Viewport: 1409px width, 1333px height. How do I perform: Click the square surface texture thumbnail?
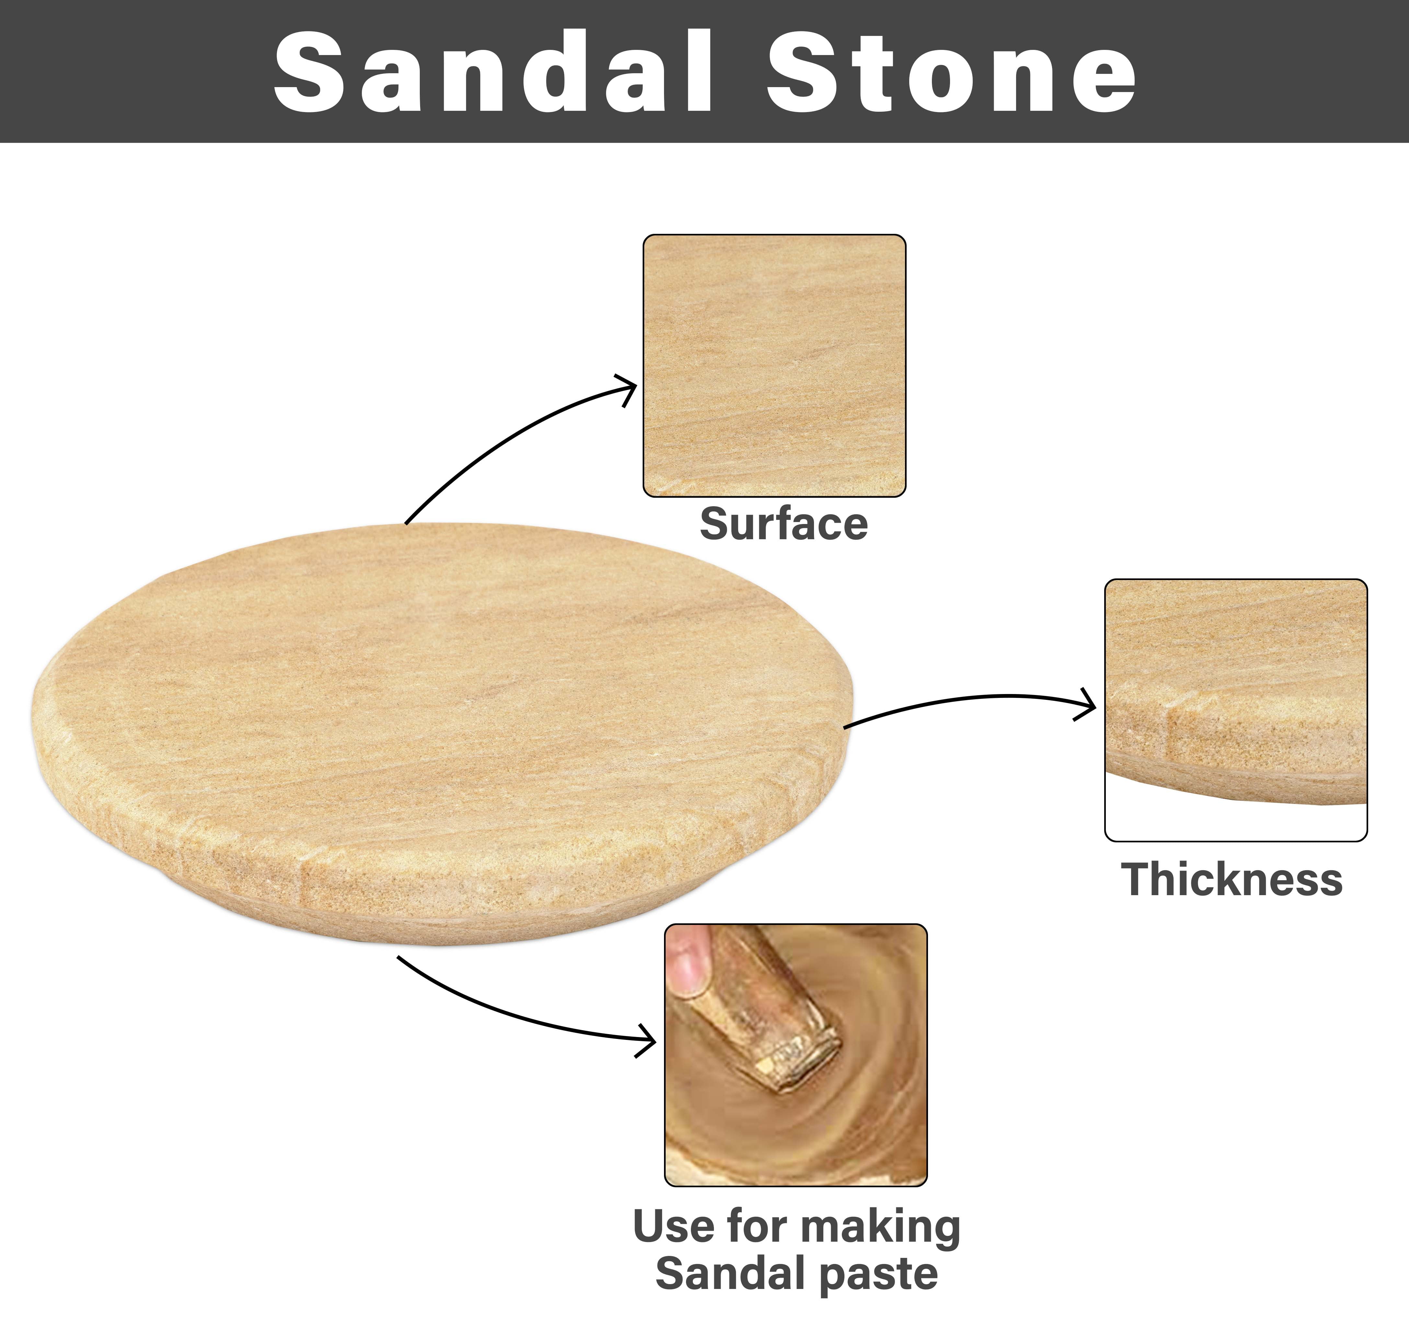774,365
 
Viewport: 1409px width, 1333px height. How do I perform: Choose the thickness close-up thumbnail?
1236,710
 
